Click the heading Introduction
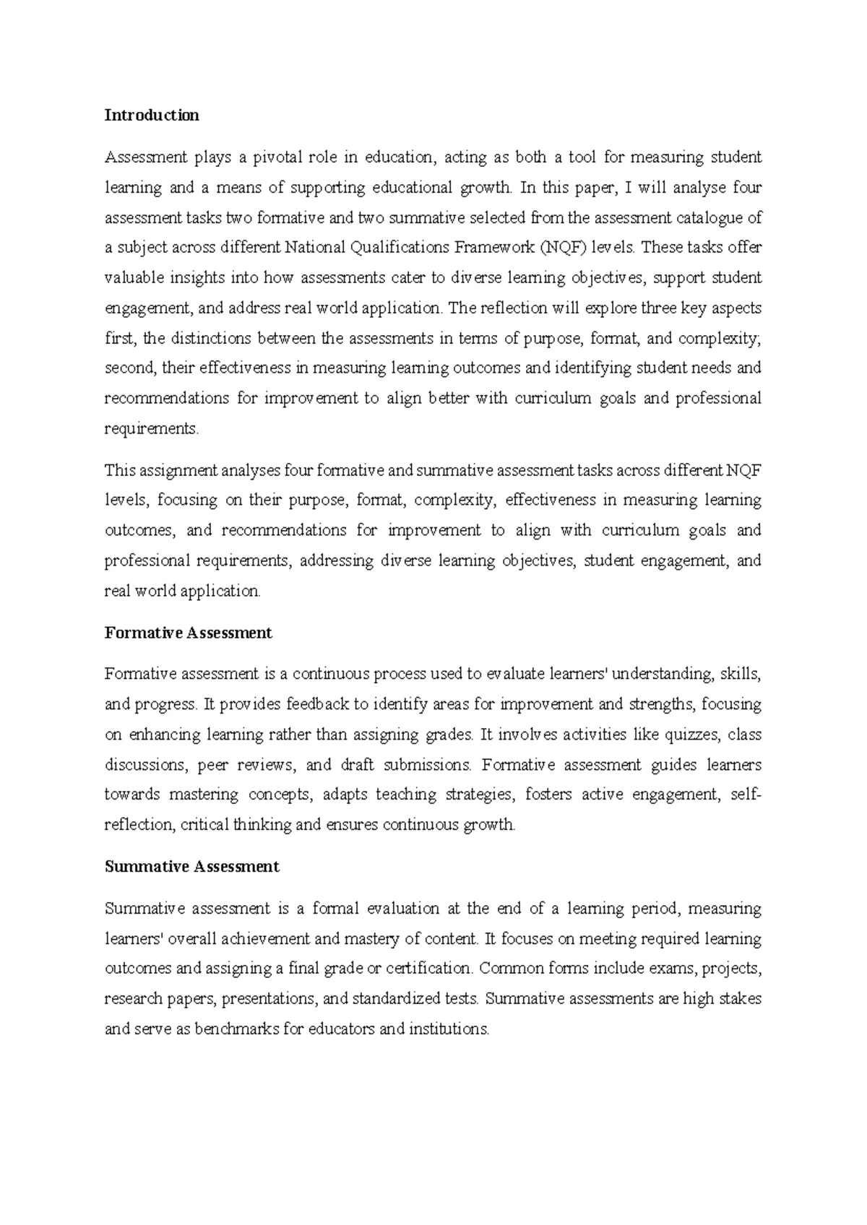coord(152,116)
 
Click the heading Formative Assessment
coord(188,633)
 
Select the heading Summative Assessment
coord(191,867)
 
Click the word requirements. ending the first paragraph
coord(151,429)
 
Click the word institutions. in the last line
coord(449,1029)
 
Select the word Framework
coord(493,248)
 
